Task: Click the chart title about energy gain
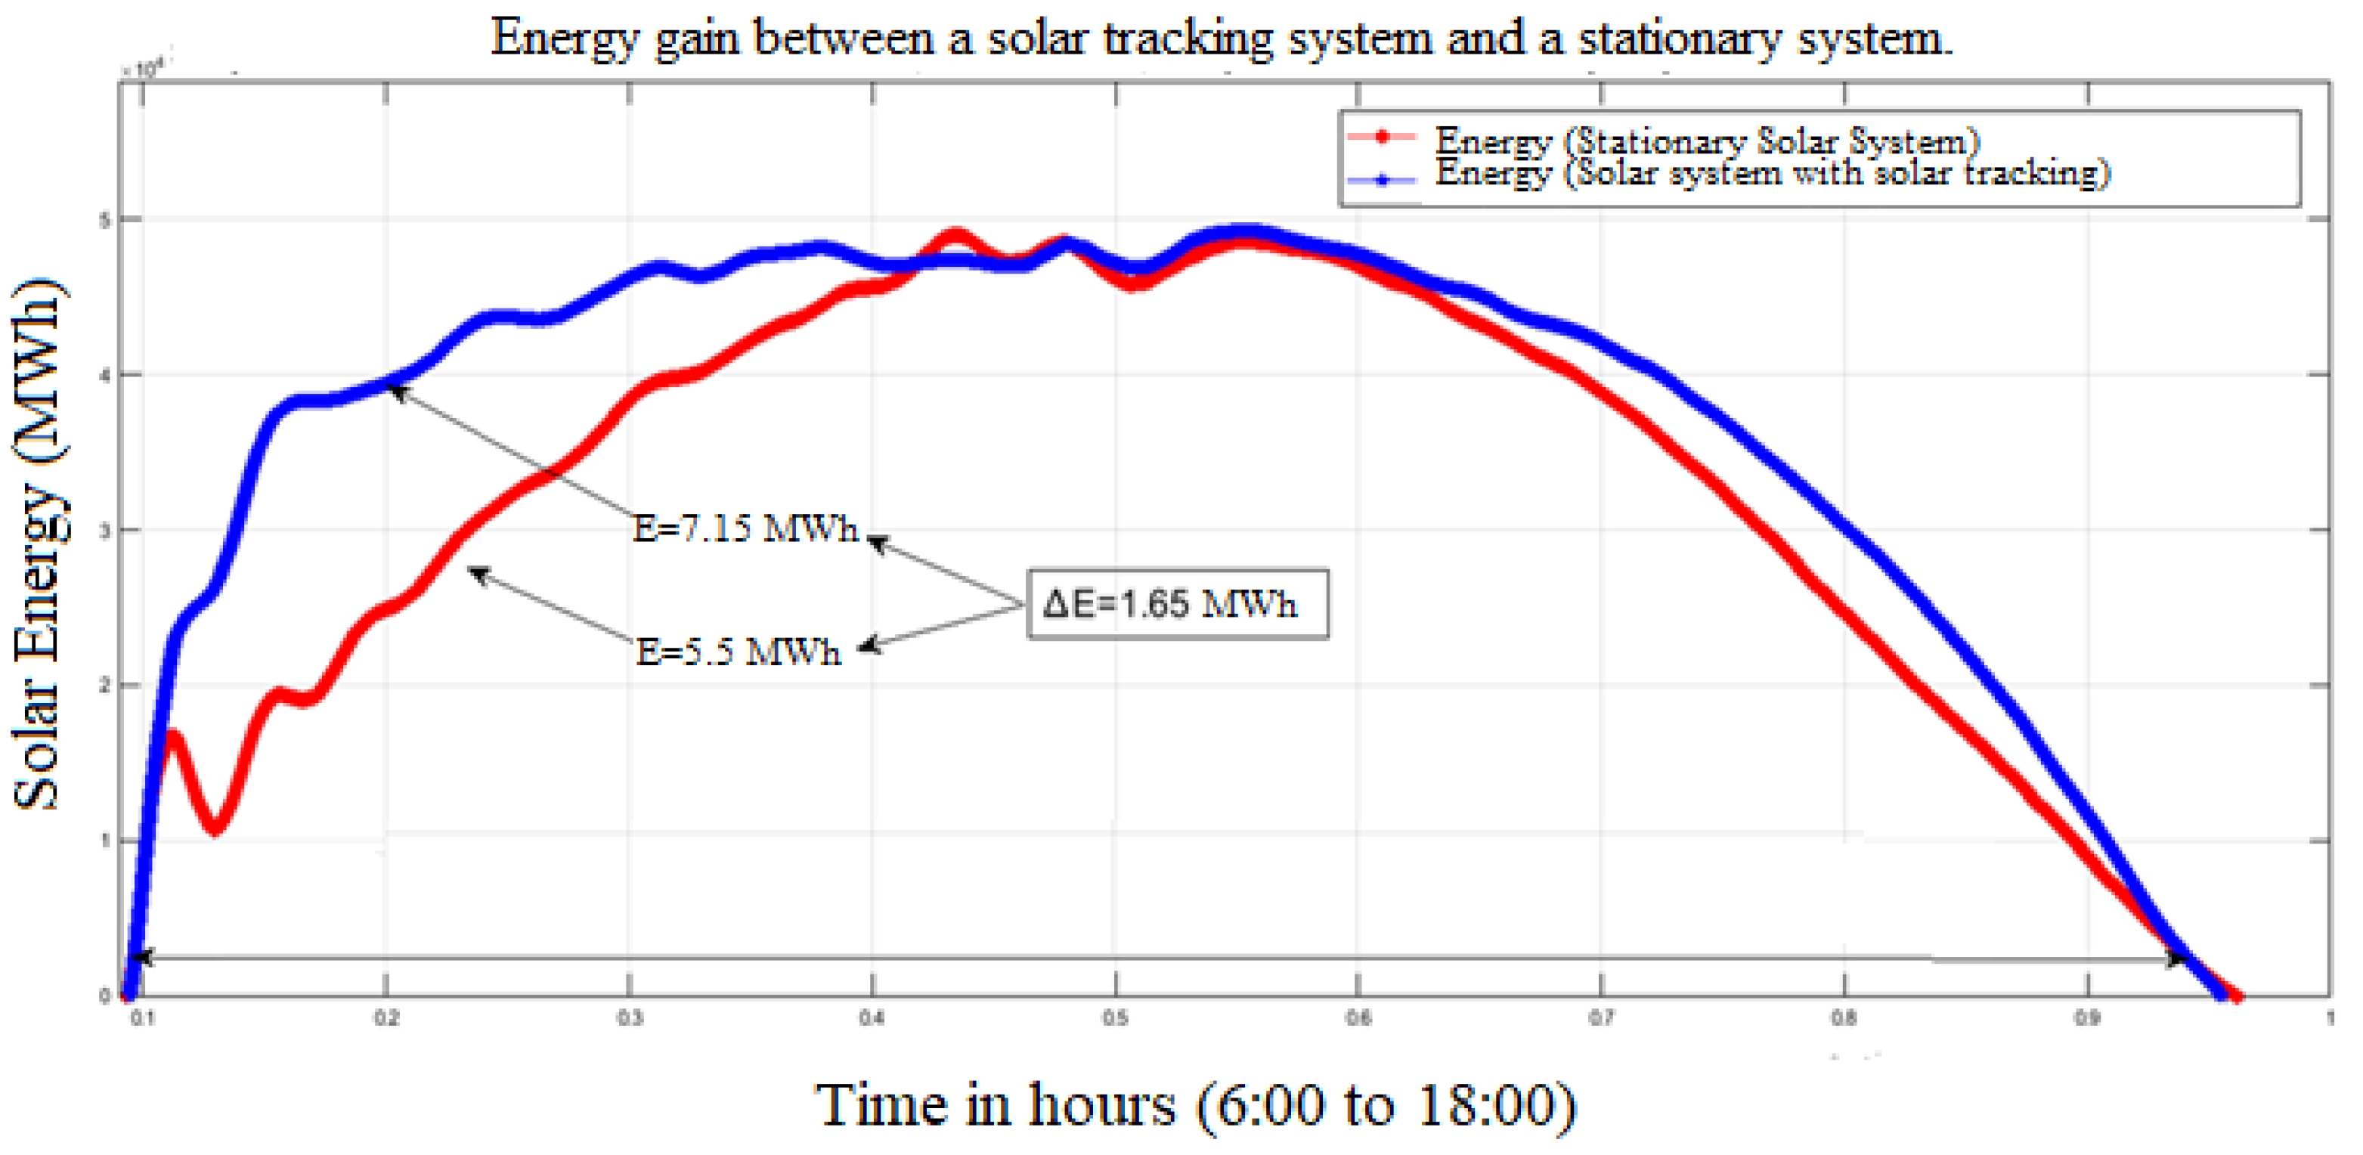coord(1221,39)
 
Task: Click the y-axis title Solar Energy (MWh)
coord(39,543)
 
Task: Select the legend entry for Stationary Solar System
coord(1706,141)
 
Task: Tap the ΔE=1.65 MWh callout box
coord(1177,604)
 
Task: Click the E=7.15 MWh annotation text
coord(745,528)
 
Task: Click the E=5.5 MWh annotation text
coord(739,652)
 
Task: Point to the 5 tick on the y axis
coord(104,219)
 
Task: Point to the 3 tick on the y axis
coord(104,530)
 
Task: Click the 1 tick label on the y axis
coord(104,841)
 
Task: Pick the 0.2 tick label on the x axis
coord(386,1017)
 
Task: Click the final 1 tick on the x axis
coord(2329,1017)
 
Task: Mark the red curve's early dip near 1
coord(215,828)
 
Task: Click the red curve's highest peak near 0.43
coord(955,237)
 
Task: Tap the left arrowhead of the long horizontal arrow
coord(141,957)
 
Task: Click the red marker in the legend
coord(1382,138)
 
